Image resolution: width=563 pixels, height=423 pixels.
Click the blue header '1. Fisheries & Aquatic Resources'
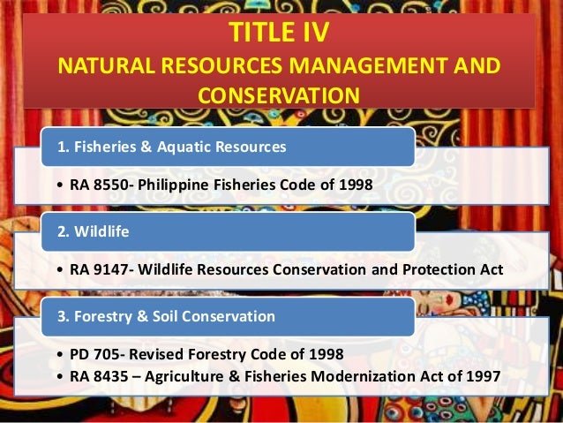pos(172,147)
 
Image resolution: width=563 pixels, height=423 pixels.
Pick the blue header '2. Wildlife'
pos(93,232)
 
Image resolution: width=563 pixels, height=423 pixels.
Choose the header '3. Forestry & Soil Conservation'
pos(166,315)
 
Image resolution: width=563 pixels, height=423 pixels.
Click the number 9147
pos(112,269)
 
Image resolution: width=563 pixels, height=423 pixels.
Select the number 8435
pos(112,375)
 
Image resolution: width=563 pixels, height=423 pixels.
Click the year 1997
pos(481,375)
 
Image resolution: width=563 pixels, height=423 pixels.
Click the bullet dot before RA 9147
pos(58,269)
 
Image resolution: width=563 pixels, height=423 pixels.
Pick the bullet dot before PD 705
pos(58,354)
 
